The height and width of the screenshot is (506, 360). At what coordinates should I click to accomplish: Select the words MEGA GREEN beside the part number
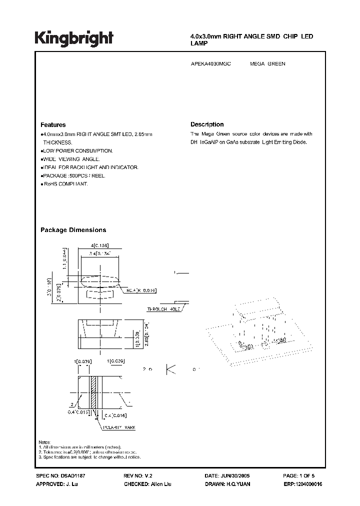(x=267, y=64)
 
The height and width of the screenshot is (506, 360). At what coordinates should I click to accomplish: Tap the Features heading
(x=53, y=125)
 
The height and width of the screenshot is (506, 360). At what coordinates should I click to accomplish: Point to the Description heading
(x=207, y=124)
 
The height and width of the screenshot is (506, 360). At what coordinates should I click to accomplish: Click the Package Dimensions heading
(x=73, y=230)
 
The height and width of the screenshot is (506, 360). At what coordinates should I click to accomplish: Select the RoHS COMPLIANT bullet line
(x=64, y=184)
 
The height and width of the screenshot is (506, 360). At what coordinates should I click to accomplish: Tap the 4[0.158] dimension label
(x=99, y=245)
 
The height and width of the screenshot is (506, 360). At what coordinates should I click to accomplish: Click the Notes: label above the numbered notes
(x=45, y=442)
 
